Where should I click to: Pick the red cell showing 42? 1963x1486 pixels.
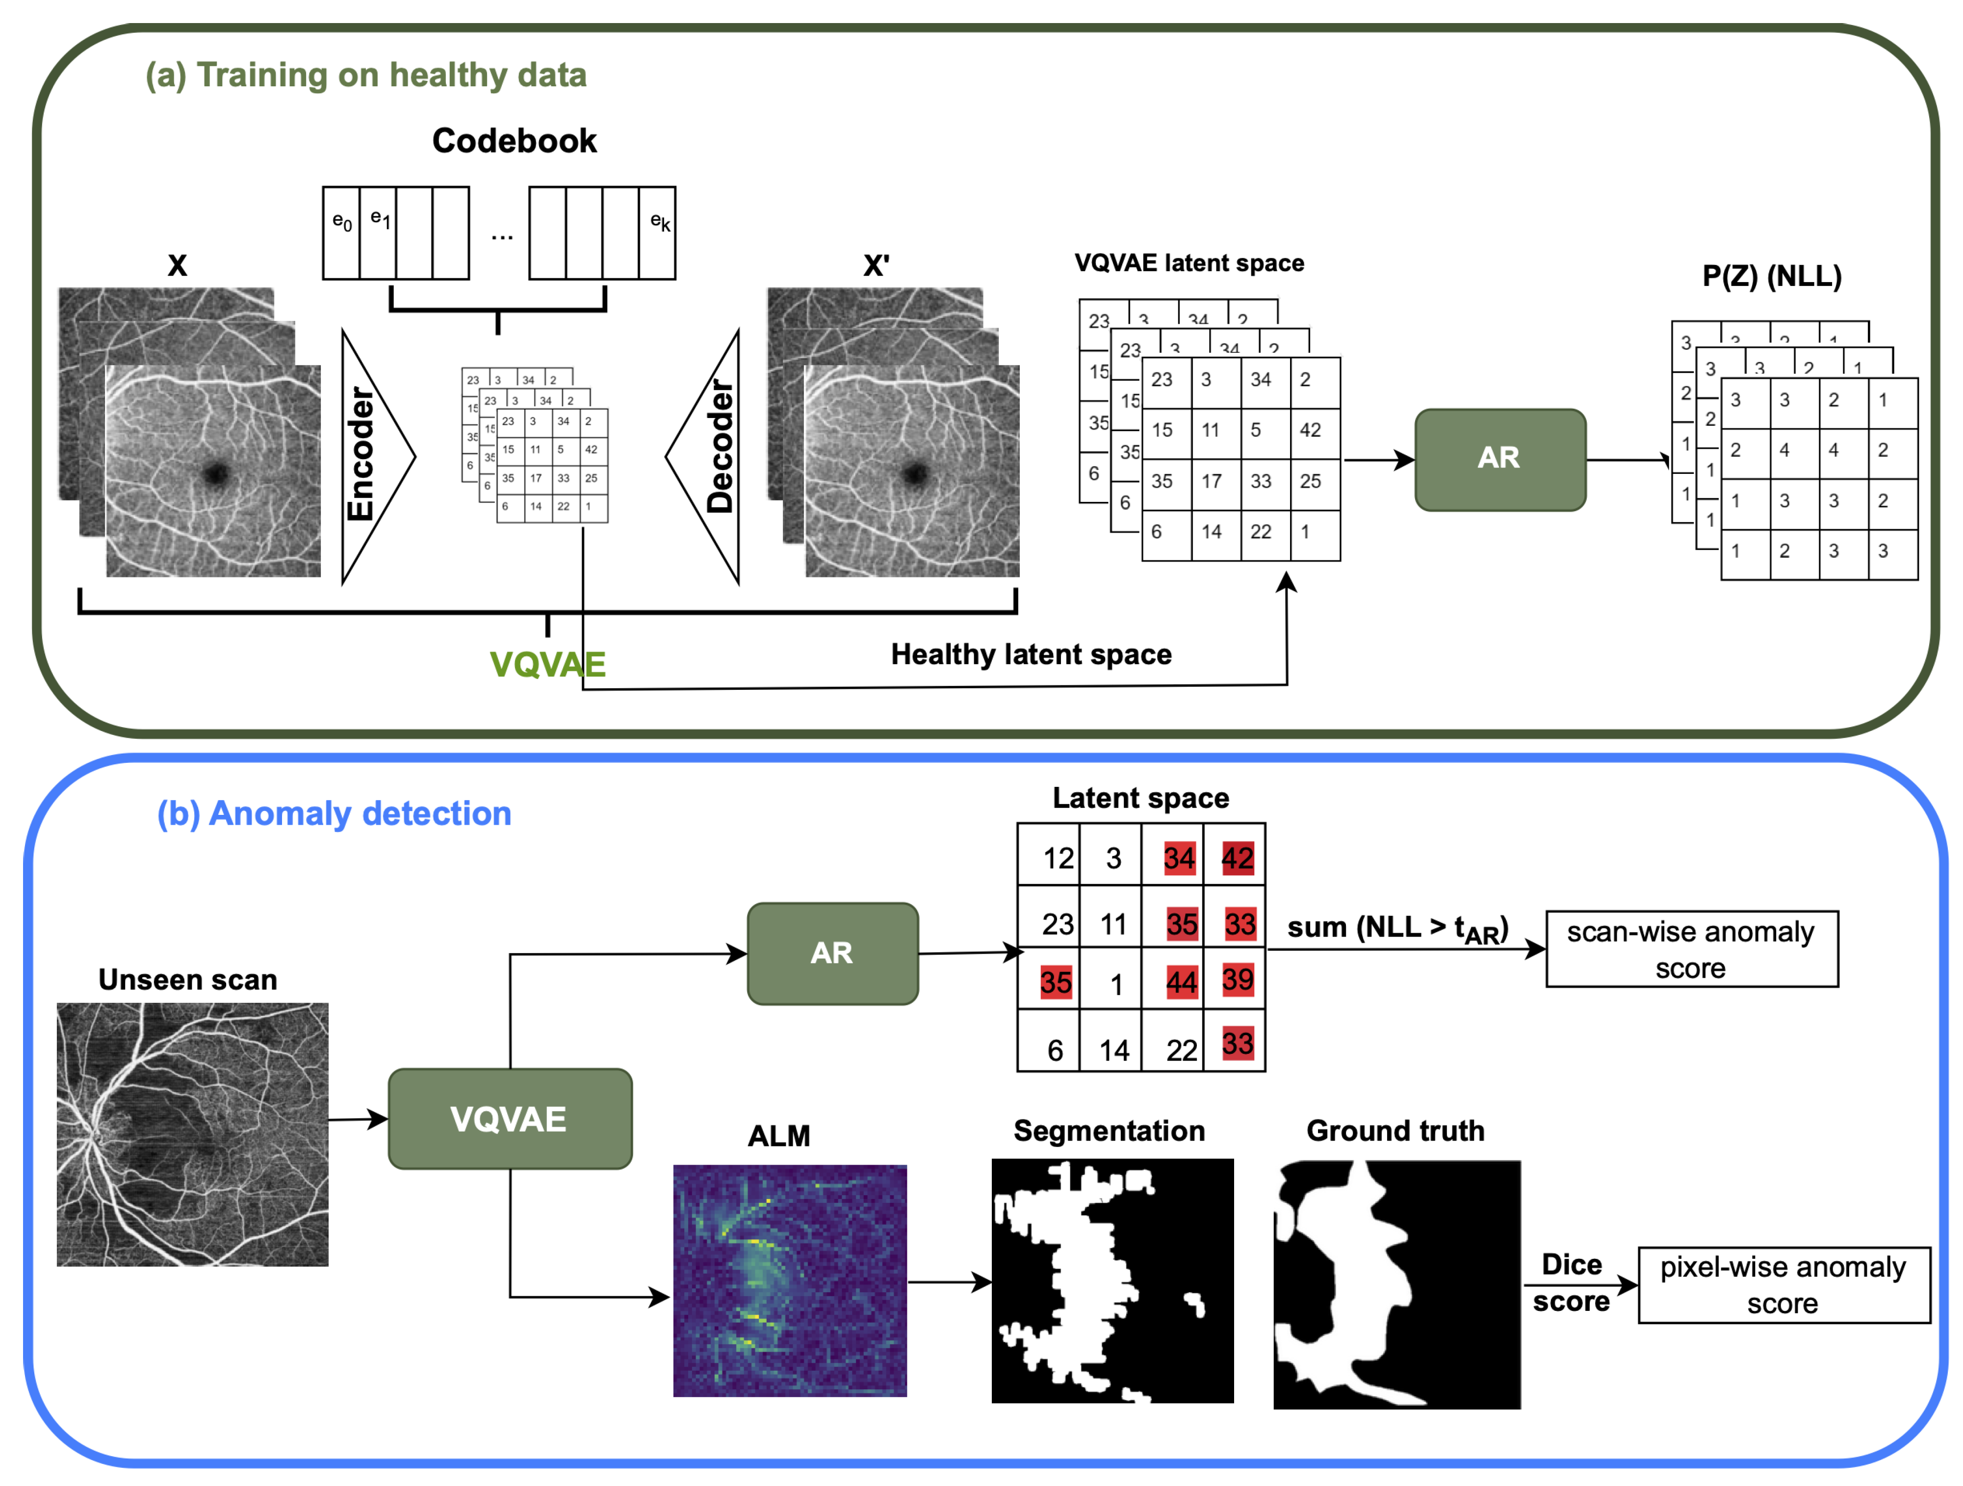(1237, 858)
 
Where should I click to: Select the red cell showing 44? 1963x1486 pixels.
(1181, 982)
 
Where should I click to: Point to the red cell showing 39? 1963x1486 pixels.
(1237, 980)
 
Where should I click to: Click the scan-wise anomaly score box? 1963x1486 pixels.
(1691, 949)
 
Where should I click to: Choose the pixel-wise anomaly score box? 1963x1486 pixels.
(1783, 1284)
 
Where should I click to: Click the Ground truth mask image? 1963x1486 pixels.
(1396, 1283)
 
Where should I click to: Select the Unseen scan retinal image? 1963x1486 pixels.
(193, 1134)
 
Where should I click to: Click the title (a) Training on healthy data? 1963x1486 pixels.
(365, 76)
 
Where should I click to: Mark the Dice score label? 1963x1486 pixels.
(1571, 1283)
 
